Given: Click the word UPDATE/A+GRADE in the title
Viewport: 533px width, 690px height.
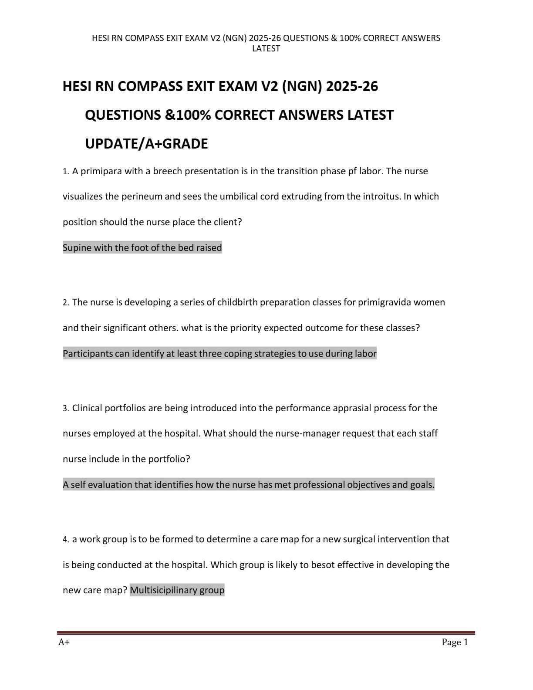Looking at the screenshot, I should point(146,144).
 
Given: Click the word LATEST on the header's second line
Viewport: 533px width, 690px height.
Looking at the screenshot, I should point(266,49).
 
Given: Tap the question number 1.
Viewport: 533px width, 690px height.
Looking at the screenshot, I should point(65,172).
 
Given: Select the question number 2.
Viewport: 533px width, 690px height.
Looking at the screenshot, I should point(65,303).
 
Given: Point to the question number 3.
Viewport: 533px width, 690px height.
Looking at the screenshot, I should point(65,409).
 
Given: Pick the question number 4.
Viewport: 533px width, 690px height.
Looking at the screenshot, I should point(65,540).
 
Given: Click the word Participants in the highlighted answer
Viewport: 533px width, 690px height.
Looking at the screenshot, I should point(88,354).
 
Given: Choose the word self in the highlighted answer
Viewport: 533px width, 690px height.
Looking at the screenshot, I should point(78,485).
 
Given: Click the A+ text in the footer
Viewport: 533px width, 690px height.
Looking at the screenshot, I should point(64,643).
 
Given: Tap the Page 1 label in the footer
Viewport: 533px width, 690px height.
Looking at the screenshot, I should point(455,643).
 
